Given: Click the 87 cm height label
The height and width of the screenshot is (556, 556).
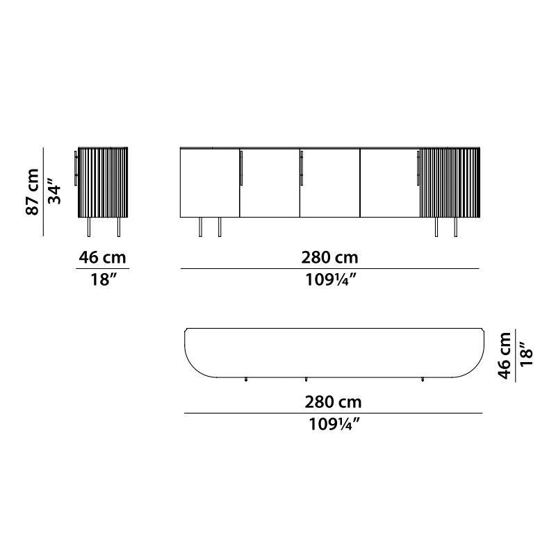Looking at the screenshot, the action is click(32, 192).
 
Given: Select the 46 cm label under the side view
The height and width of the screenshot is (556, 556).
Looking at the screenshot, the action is click(102, 257).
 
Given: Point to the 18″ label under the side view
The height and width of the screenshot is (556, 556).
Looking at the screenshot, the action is click(104, 279).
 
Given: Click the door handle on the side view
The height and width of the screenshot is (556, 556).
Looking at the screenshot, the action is click(76, 168).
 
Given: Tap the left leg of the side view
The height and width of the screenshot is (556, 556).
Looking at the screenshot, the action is click(89, 227).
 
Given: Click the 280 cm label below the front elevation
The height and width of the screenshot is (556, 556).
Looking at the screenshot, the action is click(329, 257).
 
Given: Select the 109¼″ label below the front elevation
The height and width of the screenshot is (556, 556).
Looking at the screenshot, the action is click(330, 280).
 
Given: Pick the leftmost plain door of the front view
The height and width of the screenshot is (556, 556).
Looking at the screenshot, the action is click(210, 183).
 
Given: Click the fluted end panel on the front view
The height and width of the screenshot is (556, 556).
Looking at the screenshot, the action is click(450, 182).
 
